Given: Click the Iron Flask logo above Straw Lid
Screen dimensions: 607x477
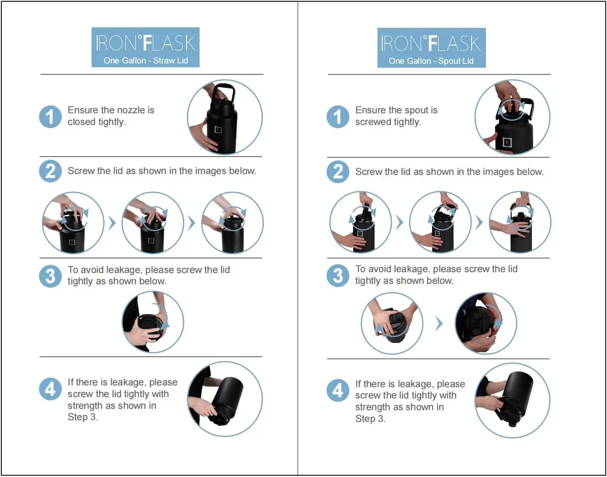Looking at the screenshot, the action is point(145,43).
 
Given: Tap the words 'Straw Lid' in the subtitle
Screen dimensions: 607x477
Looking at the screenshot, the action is point(171,61).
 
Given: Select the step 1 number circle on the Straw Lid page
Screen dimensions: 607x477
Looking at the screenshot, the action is point(50,116).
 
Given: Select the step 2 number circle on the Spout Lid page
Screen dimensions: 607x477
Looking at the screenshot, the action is point(338,171).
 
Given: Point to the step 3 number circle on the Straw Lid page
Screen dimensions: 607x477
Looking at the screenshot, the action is point(50,276).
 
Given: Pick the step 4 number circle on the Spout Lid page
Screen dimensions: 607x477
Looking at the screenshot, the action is point(338,390).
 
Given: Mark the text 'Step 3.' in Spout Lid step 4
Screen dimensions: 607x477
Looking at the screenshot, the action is point(370,418).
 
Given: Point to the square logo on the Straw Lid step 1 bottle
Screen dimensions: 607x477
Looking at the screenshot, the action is point(218,130).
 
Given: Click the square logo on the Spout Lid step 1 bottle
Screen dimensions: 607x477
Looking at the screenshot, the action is point(507,142).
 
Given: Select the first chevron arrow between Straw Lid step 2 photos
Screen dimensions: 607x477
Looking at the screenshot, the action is point(112,223).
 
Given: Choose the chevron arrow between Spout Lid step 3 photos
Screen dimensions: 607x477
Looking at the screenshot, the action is point(440,324).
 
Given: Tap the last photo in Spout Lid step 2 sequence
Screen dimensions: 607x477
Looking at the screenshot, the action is point(520,222).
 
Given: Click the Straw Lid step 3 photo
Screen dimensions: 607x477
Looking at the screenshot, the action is point(153,322).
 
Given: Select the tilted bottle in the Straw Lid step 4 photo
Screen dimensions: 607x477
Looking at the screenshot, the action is point(228,400).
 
